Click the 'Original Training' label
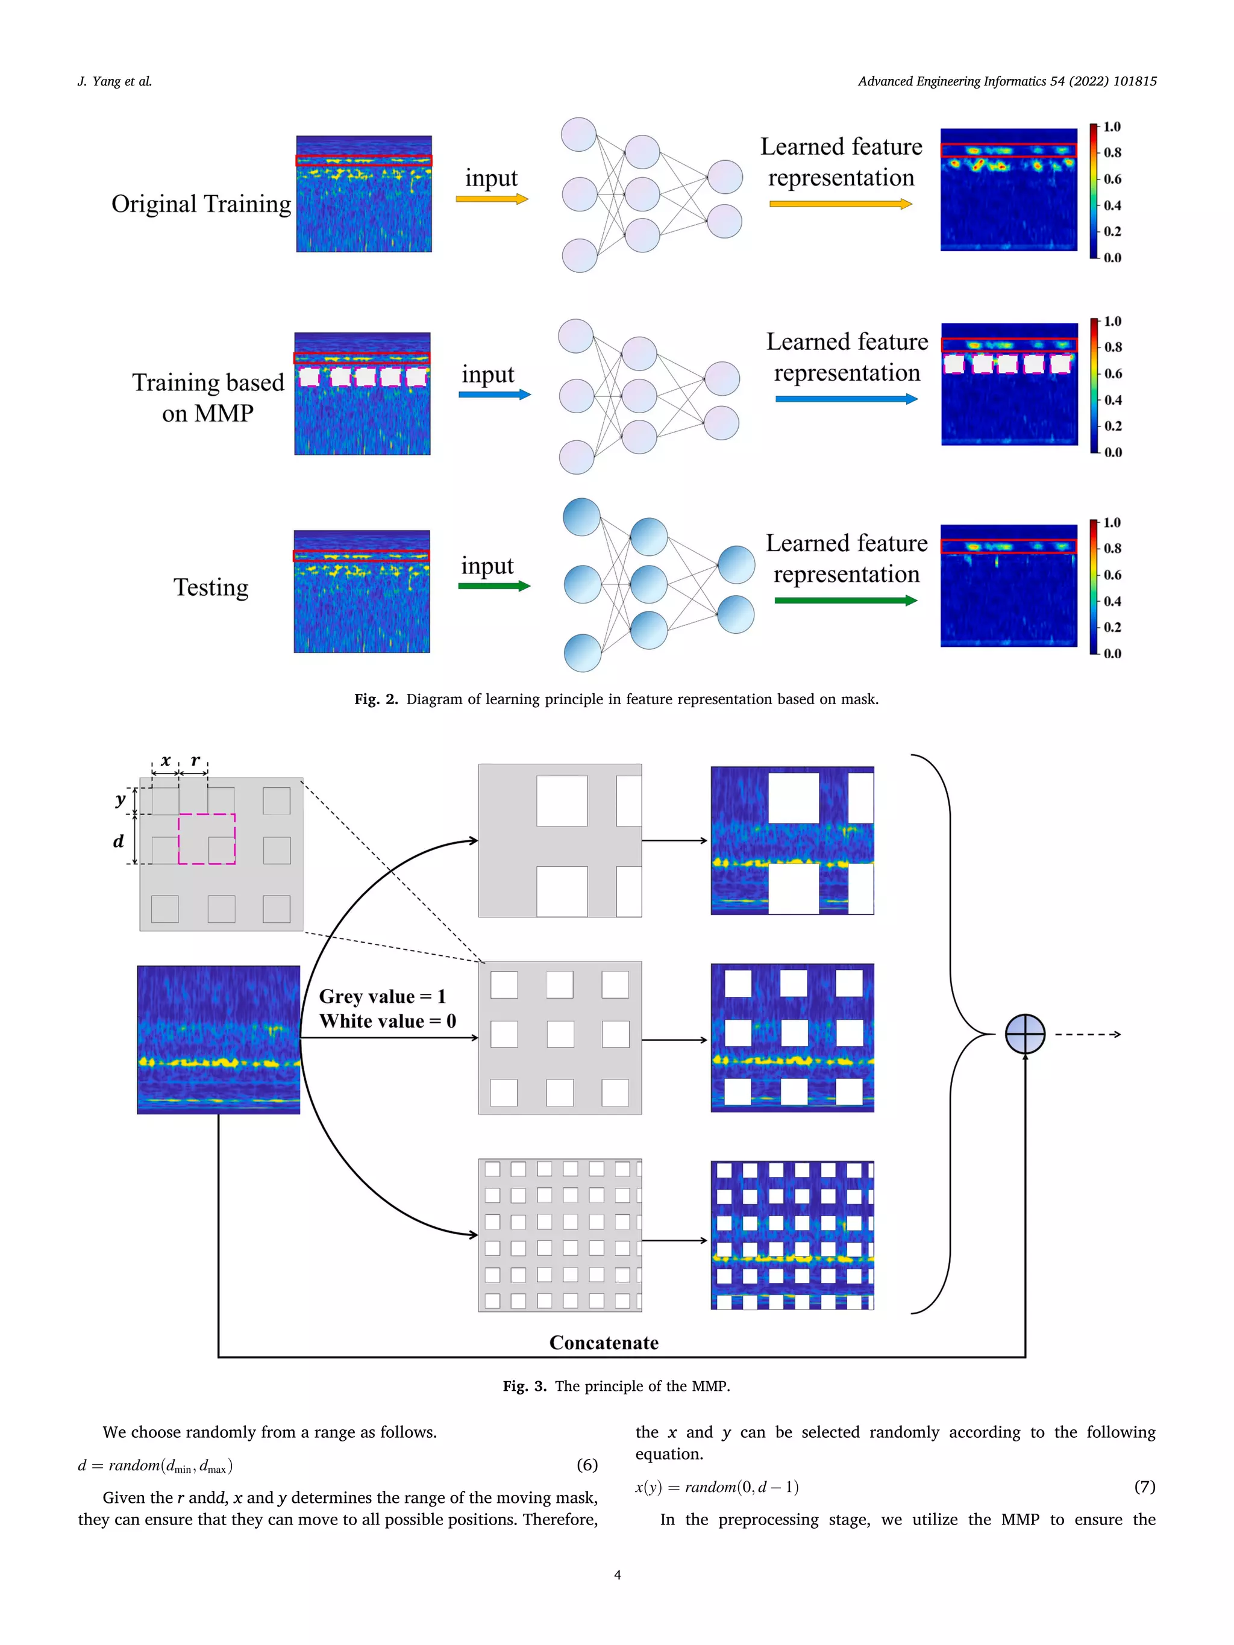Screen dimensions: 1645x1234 [201, 204]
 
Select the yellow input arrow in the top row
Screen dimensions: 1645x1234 [492, 199]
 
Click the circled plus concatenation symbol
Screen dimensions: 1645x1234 [1024, 1034]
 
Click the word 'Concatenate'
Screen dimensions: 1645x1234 [603, 1343]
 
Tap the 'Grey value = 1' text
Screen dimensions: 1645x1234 [383, 996]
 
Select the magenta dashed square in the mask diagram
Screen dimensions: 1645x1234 [206, 839]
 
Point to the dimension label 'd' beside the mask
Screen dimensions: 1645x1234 [118, 841]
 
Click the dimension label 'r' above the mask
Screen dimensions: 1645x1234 [195, 760]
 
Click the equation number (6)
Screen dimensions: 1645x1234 [587, 1464]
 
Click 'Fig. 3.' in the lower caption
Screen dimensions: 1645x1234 [524, 1385]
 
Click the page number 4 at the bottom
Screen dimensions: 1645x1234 [616, 1575]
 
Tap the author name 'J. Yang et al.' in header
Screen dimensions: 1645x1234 [114, 81]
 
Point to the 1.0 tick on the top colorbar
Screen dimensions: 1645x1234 [1111, 127]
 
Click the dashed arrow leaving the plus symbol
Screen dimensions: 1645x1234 [1087, 1034]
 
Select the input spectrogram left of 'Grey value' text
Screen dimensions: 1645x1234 [218, 1039]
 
